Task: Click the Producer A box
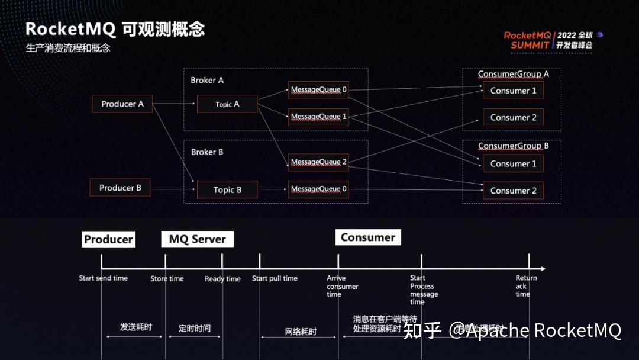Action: point(122,104)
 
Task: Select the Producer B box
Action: point(120,188)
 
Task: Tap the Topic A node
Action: point(227,104)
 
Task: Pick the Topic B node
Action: point(227,190)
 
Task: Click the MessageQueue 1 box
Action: point(318,117)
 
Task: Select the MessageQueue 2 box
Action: point(318,162)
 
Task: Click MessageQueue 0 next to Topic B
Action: point(318,189)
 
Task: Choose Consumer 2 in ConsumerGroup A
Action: point(513,117)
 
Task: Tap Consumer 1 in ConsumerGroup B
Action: point(513,163)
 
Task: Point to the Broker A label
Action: point(207,80)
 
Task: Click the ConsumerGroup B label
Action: point(513,146)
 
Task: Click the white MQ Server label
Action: point(197,239)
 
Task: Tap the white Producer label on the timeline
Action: point(108,239)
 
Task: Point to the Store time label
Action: point(167,279)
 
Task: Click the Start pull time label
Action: point(275,278)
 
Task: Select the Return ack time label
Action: point(525,285)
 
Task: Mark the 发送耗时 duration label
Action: point(135,327)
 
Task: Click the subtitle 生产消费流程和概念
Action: point(68,48)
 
